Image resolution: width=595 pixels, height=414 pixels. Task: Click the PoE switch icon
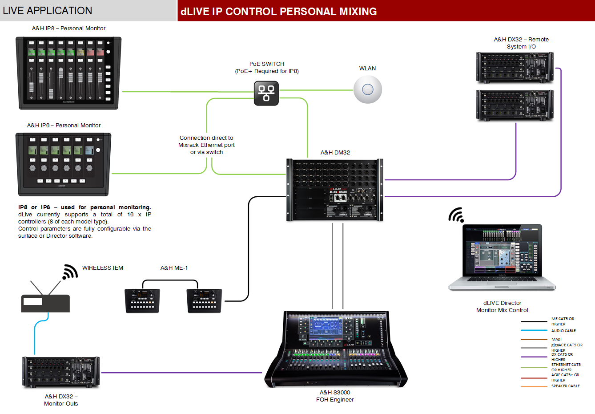click(266, 93)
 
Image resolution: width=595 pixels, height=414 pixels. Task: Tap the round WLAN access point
click(367, 89)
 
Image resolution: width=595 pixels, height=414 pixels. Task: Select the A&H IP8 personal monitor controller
click(69, 73)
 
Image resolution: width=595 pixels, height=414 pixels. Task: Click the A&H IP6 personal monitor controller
click(64, 164)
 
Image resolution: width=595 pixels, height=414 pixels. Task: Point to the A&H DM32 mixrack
click(334, 190)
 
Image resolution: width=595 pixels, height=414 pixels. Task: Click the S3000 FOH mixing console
click(336, 349)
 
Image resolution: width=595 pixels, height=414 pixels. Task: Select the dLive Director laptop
click(502, 258)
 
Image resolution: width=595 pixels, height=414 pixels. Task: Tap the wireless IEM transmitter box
click(45, 303)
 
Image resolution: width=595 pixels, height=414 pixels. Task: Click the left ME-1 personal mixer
click(142, 301)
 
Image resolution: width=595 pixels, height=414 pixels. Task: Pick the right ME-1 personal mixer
click(204, 301)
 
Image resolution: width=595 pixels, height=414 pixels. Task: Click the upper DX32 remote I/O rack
click(515, 68)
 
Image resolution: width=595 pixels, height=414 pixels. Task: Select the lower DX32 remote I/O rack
click(515, 106)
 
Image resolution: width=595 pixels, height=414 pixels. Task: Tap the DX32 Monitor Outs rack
click(61, 372)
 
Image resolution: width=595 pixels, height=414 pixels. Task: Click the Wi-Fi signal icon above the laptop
click(456, 215)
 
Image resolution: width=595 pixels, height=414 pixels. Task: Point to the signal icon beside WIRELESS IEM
click(70, 272)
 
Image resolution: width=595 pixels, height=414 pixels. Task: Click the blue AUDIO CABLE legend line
click(534, 331)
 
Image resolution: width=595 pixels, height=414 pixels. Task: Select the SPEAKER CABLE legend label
click(565, 386)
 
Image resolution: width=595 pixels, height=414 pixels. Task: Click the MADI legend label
click(556, 339)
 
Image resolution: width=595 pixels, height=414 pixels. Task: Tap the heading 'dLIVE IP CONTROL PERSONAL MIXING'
click(279, 12)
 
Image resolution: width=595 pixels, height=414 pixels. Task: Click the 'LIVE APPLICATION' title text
click(48, 11)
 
